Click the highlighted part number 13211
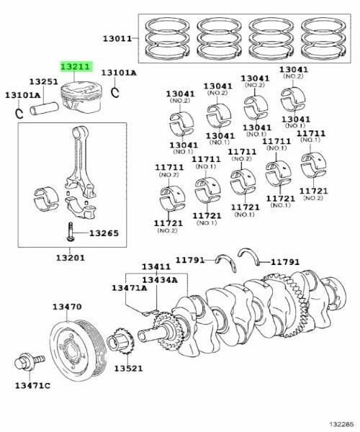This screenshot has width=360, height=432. pyautogui.click(x=75, y=67)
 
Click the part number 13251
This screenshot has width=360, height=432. pyautogui.click(x=43, y=82)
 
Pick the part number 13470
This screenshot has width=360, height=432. pyautogui.click(x=66, y=307)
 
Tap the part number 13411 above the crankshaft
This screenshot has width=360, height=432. pyautogui.click(x=155, y=266)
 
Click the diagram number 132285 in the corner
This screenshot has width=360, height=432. pyautogui.click(x=341, y=425)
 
